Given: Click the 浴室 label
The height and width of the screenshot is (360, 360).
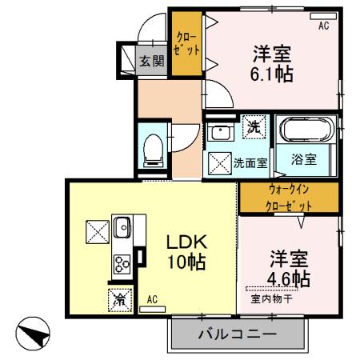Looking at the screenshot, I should (305, 158).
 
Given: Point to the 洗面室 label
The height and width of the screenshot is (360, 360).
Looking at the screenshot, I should (250, 163).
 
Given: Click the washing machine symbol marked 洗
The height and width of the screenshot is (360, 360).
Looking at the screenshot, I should (253, 126).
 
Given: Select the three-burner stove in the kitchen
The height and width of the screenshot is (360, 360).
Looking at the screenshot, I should (124, 262).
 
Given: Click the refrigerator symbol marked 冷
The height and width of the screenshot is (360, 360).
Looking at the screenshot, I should (118, 301).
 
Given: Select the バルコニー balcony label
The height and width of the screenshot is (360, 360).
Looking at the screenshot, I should (238, 334).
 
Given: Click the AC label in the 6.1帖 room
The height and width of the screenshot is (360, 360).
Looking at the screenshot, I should (323, 26).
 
